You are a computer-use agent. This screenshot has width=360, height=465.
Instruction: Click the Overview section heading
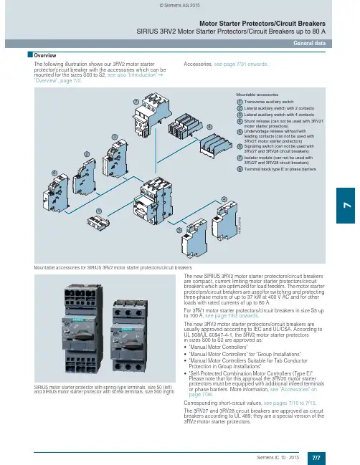coord(44,55)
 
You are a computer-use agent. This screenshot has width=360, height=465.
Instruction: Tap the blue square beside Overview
coord(30,54)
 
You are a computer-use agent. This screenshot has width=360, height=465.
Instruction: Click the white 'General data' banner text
coord(309,43)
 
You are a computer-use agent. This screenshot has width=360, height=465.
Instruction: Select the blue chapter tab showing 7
coord(346,205)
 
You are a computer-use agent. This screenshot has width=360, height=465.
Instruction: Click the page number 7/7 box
coord(316,458)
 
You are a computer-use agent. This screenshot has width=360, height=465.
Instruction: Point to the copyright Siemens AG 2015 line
coord(180,5)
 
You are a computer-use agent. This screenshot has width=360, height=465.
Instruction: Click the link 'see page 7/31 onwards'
coord(241,64)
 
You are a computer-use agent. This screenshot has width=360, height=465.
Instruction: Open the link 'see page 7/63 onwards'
coord(232,316)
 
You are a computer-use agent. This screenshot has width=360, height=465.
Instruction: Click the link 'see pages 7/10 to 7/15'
coord(290,403)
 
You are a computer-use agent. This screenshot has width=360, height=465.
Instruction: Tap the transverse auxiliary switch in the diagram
coord(98,224)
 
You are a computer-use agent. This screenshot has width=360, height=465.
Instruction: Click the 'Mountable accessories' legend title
coord(257,95)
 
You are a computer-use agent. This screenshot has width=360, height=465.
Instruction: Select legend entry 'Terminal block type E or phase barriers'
coord(280,169)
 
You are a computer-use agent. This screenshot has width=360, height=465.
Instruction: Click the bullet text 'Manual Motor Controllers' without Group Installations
coord(218,347)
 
